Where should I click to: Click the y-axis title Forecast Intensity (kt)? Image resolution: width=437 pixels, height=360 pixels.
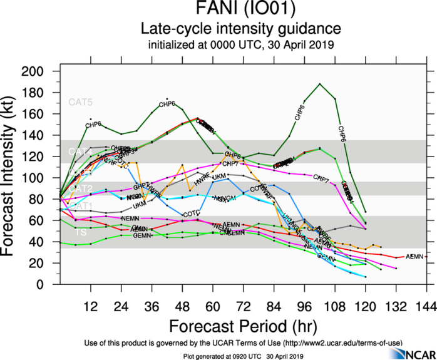click(x=14, y=177)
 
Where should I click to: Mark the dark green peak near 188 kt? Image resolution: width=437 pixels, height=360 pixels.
click(x=320, y=83)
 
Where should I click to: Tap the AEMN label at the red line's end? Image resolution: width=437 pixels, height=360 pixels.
click(x=414, y=257)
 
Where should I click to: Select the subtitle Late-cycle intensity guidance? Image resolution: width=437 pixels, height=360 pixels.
click(x=241, y=29)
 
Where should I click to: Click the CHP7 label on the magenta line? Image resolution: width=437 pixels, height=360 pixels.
click(x=321, y=180)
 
